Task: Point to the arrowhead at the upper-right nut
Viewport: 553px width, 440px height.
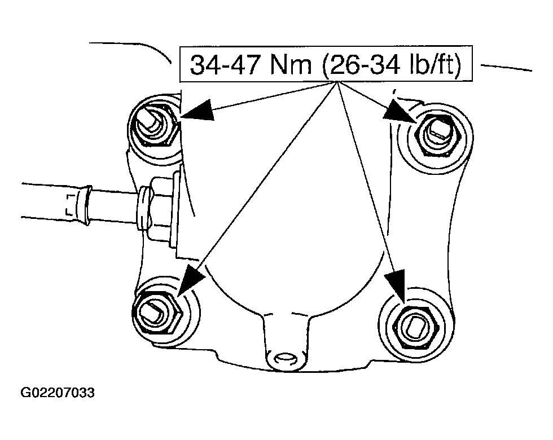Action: point(398,111)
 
